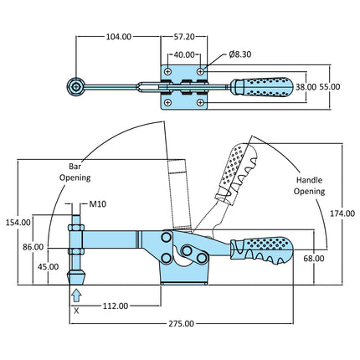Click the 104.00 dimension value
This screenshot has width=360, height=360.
point(119,37)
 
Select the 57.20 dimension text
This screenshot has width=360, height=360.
point(184,37)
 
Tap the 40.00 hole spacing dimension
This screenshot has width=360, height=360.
point(184,54)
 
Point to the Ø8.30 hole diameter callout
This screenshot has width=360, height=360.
point(240,54)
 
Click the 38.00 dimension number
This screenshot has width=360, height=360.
point(306,87)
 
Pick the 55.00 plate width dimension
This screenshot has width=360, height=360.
point(330,87)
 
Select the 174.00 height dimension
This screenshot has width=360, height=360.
point(342,213)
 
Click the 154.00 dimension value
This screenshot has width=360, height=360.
point(18,223)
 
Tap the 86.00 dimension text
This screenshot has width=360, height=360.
point(33,247)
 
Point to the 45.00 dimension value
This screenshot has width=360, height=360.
point(49,267)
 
